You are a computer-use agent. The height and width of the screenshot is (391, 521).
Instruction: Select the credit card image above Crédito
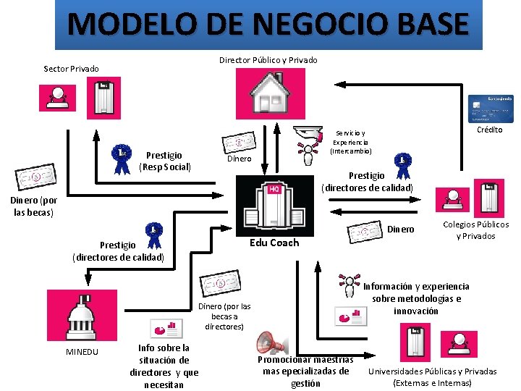[x=491, y=107]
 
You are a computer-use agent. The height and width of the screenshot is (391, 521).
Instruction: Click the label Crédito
[x=489, y=130]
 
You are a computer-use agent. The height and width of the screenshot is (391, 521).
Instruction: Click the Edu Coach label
[x=274, y=243]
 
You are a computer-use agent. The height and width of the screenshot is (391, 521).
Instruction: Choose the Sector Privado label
[x=71, y=69]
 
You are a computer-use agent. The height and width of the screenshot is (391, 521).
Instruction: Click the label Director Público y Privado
[x=268, y=59]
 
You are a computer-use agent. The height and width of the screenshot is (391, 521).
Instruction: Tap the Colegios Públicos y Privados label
[x=475, y=230]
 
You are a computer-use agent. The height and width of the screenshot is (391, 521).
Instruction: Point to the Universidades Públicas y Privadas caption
[x=433, y=377]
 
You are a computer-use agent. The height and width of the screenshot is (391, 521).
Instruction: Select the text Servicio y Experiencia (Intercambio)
[x=351, y=142]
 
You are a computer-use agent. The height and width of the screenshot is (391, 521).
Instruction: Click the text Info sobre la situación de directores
[x=164, y=366]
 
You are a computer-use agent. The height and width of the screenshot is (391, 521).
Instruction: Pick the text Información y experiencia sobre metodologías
[x=416, y=298]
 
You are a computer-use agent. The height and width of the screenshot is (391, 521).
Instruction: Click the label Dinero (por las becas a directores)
[x=224, y=316]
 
